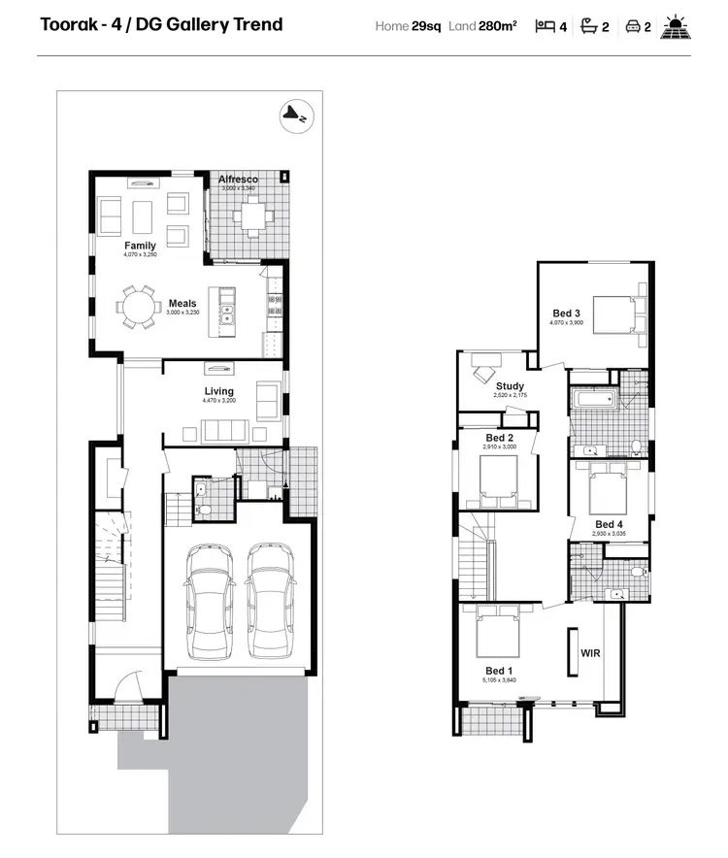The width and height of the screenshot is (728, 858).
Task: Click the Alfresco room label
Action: tap(238, 180)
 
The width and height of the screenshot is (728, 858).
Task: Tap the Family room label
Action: tap(140, 247)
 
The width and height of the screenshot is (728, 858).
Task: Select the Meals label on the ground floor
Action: tap(182, 304)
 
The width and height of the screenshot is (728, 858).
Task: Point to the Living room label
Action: tap(218, 391)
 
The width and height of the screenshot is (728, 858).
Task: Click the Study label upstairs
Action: tap(510, 386)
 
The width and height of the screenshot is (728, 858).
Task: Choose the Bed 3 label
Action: tap(567, 313)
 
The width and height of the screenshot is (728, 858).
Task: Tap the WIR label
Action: tap(590, 653)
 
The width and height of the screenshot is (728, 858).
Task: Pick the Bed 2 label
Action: tap(500, 438)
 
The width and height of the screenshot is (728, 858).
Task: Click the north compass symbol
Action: tap(294, 115)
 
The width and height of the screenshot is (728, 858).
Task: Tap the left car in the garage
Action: tap(210, 598)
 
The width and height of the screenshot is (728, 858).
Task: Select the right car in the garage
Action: tap(270, 598)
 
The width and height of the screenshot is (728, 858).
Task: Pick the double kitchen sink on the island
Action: tap(227, 314)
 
